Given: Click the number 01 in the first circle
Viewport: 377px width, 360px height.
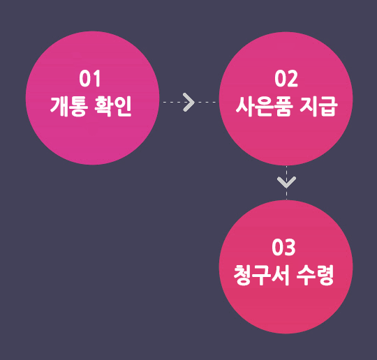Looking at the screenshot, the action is pos(89,78).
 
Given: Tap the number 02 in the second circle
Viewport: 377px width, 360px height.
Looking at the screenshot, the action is pos(286,79).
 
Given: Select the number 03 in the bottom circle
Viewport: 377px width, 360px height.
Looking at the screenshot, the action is pos(283,247).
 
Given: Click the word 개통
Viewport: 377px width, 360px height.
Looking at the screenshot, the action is pos(68,106).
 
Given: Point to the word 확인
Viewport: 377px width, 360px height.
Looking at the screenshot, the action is pos(113,106).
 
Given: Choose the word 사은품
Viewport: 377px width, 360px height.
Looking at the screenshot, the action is pos(264,106).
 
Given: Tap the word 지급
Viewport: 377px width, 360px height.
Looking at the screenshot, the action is pos(318,106).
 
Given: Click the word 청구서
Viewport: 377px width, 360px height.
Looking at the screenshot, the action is pos(261,275).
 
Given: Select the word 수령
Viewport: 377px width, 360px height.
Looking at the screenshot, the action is pos(315,275).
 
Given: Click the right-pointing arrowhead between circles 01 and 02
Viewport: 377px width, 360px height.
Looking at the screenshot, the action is pos(189,102).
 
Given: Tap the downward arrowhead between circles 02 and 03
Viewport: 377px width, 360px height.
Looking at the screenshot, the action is pos(286,182).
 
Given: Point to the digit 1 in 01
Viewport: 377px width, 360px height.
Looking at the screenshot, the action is pos(96,78).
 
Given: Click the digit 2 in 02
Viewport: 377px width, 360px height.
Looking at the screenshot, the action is pos(293,79).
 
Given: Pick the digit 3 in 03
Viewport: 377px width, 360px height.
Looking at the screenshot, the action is pos(290,247).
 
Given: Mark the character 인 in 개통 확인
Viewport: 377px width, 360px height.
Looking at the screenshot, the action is pos(123,106).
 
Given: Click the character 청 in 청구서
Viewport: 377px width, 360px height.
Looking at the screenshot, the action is pos(243,275).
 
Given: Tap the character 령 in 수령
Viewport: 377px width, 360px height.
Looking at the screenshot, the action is pos(325,275).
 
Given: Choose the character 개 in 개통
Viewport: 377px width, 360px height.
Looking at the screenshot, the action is pos(59,106).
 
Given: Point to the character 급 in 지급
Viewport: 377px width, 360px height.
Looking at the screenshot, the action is pos(328,106).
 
